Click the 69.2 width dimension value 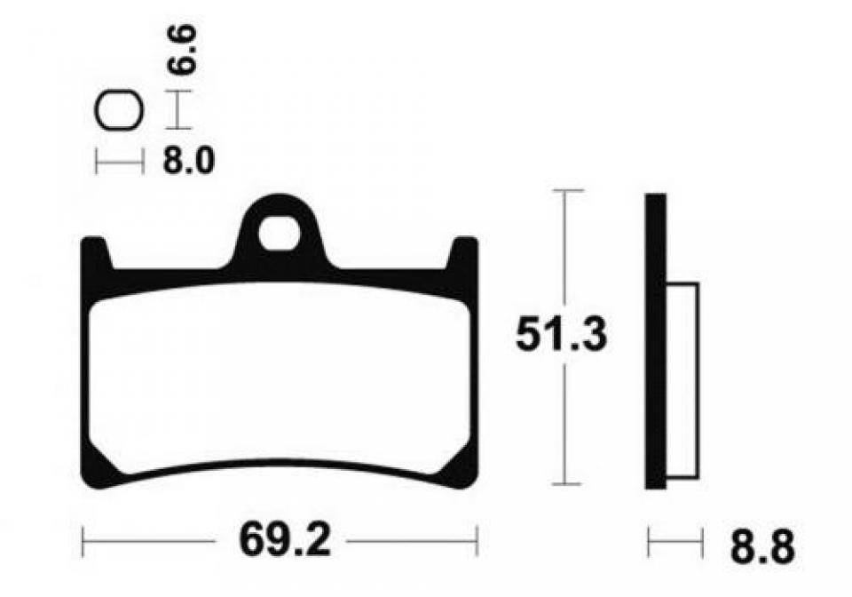[x=285, y=541]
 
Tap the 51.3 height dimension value [x=561, y=334]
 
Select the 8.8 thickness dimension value [x=762, y=546]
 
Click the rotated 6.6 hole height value [x=181, y=50]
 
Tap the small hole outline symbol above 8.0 [x=118, y=110]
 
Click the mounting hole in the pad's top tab [x=280, y=234]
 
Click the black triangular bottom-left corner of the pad [x=98, y=467]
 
